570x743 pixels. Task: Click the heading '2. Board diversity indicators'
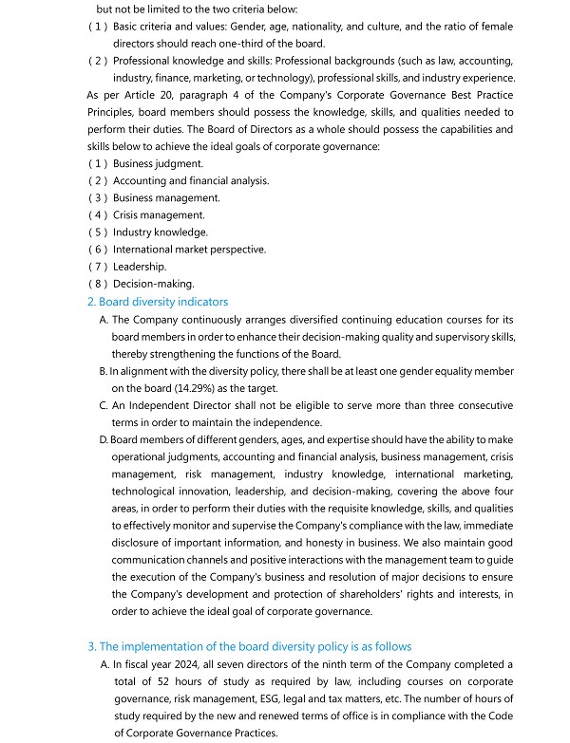[158, 302]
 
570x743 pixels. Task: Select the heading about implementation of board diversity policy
[251, 646]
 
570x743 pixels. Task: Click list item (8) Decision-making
[153, 284]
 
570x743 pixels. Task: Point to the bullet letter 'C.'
[104, 405]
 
